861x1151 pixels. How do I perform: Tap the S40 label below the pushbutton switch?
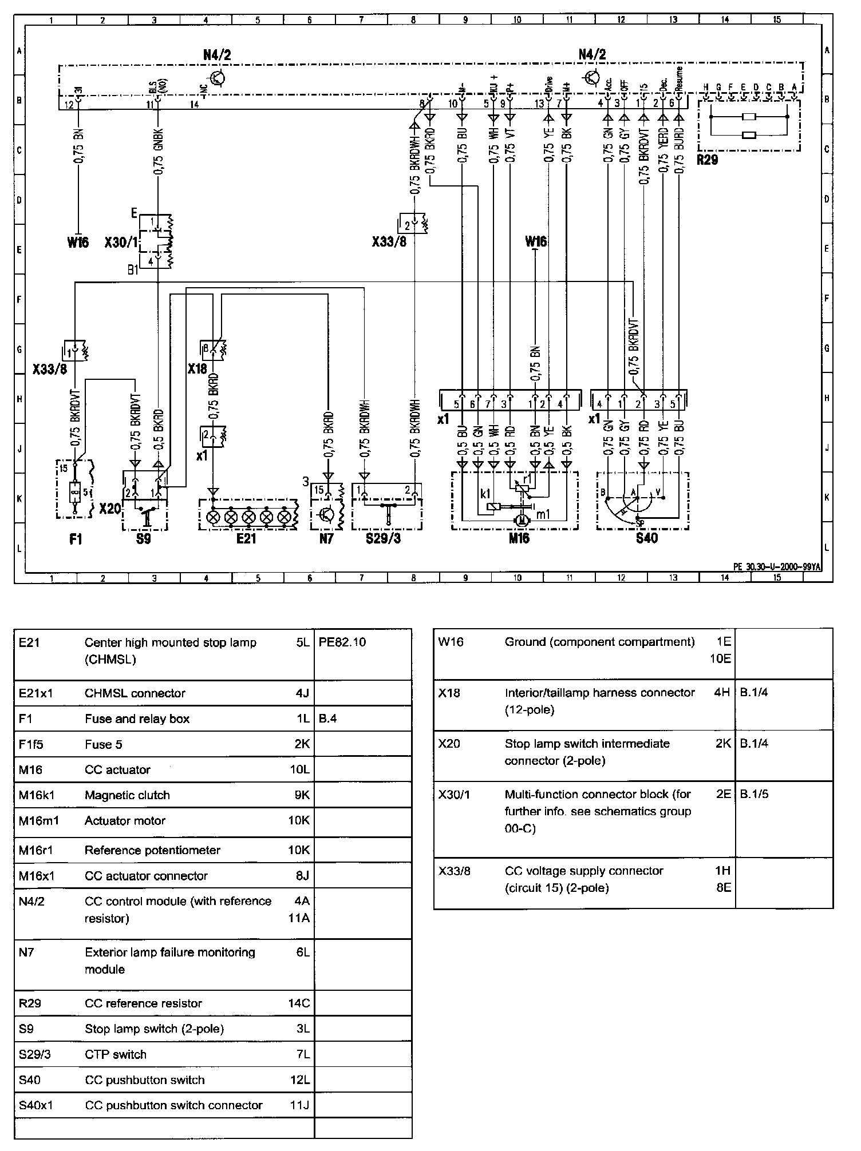[x=647, y=538]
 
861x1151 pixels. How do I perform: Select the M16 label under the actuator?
[x=519, y=538]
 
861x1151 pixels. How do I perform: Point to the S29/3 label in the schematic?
[x=383, y=538]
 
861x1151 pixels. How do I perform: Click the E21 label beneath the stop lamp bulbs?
[x=247, y=538]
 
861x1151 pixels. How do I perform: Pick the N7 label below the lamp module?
[x=326, y=538]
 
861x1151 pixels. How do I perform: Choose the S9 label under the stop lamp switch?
[x=144, y=538]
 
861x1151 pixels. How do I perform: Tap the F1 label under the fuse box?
[x=75, y=538]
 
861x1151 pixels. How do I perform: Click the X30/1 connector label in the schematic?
[x=121, y=243]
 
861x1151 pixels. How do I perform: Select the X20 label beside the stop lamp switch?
[x=110, y=508]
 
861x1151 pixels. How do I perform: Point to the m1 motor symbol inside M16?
[x=520, y=519]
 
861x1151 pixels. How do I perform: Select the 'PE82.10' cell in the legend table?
[x=342, y=642]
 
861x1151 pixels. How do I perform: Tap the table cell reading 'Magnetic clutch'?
[x=127, y=795]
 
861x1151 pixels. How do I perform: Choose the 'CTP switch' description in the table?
[x=116, y=1054]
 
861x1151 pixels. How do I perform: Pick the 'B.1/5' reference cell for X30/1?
[x=754, y=794]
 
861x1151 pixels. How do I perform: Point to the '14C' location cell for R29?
[x=299, y=1003]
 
